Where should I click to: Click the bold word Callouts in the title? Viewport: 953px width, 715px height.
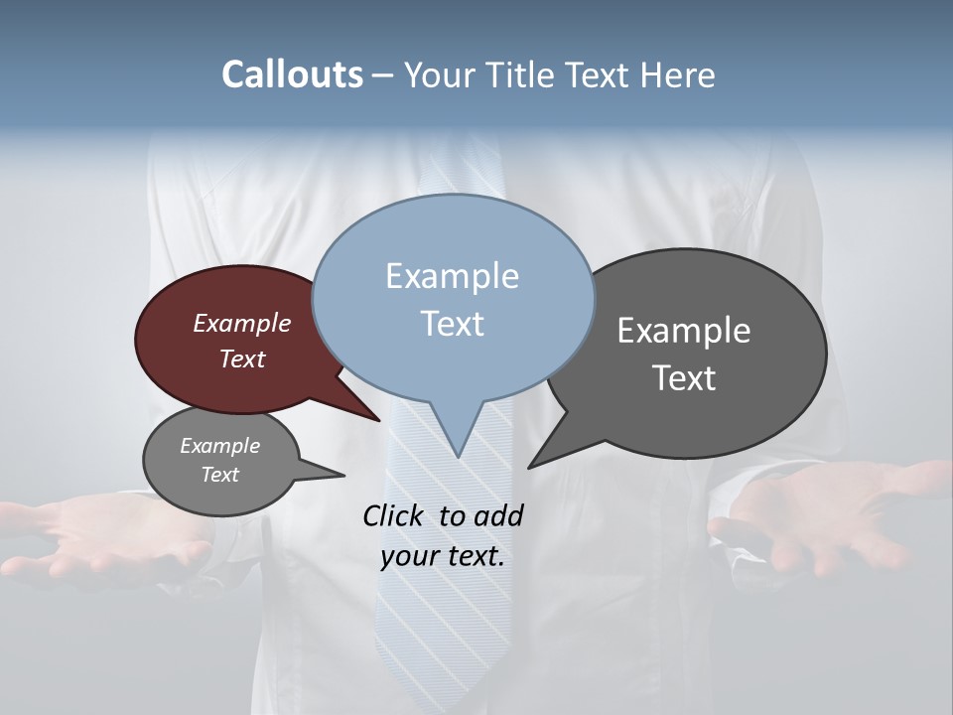tap(292, 75)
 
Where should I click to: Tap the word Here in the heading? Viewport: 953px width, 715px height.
tap(676, 75)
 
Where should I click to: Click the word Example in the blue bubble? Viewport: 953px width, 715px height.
tap(452, 276)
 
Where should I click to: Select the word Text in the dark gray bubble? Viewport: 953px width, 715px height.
tap(684, 378)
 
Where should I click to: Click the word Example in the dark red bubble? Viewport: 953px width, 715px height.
tap(242, 324)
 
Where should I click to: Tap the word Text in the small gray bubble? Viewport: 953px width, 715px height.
tap(220, 475)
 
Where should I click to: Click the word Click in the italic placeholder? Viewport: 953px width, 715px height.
tap(394, 515)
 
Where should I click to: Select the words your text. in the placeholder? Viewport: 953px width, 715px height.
tap(443, 556)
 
